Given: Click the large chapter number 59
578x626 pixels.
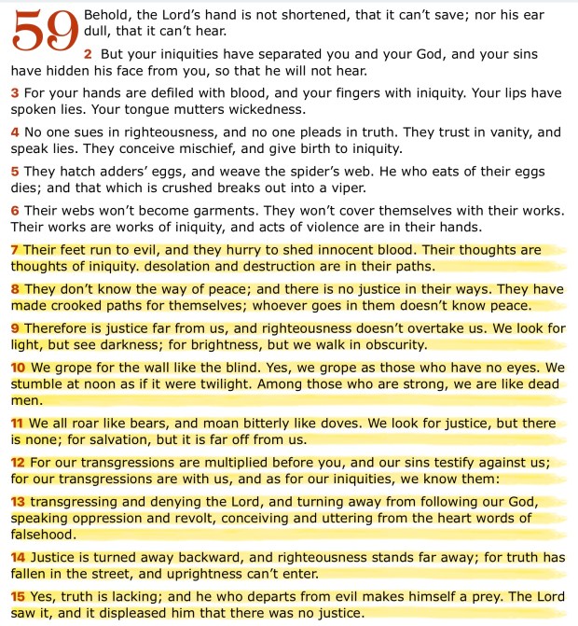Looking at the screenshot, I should (x=43, y=34).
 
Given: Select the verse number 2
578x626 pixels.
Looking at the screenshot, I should (x=87, y=55).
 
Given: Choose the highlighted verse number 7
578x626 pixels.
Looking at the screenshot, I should (x=15, y=250).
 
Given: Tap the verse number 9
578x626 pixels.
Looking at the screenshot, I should (x=15, y=328).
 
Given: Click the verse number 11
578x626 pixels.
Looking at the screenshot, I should (x=17, y=423).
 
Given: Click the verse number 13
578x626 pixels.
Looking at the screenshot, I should (x=18, y=501).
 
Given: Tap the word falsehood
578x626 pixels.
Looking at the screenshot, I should (x=44, y=535).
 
